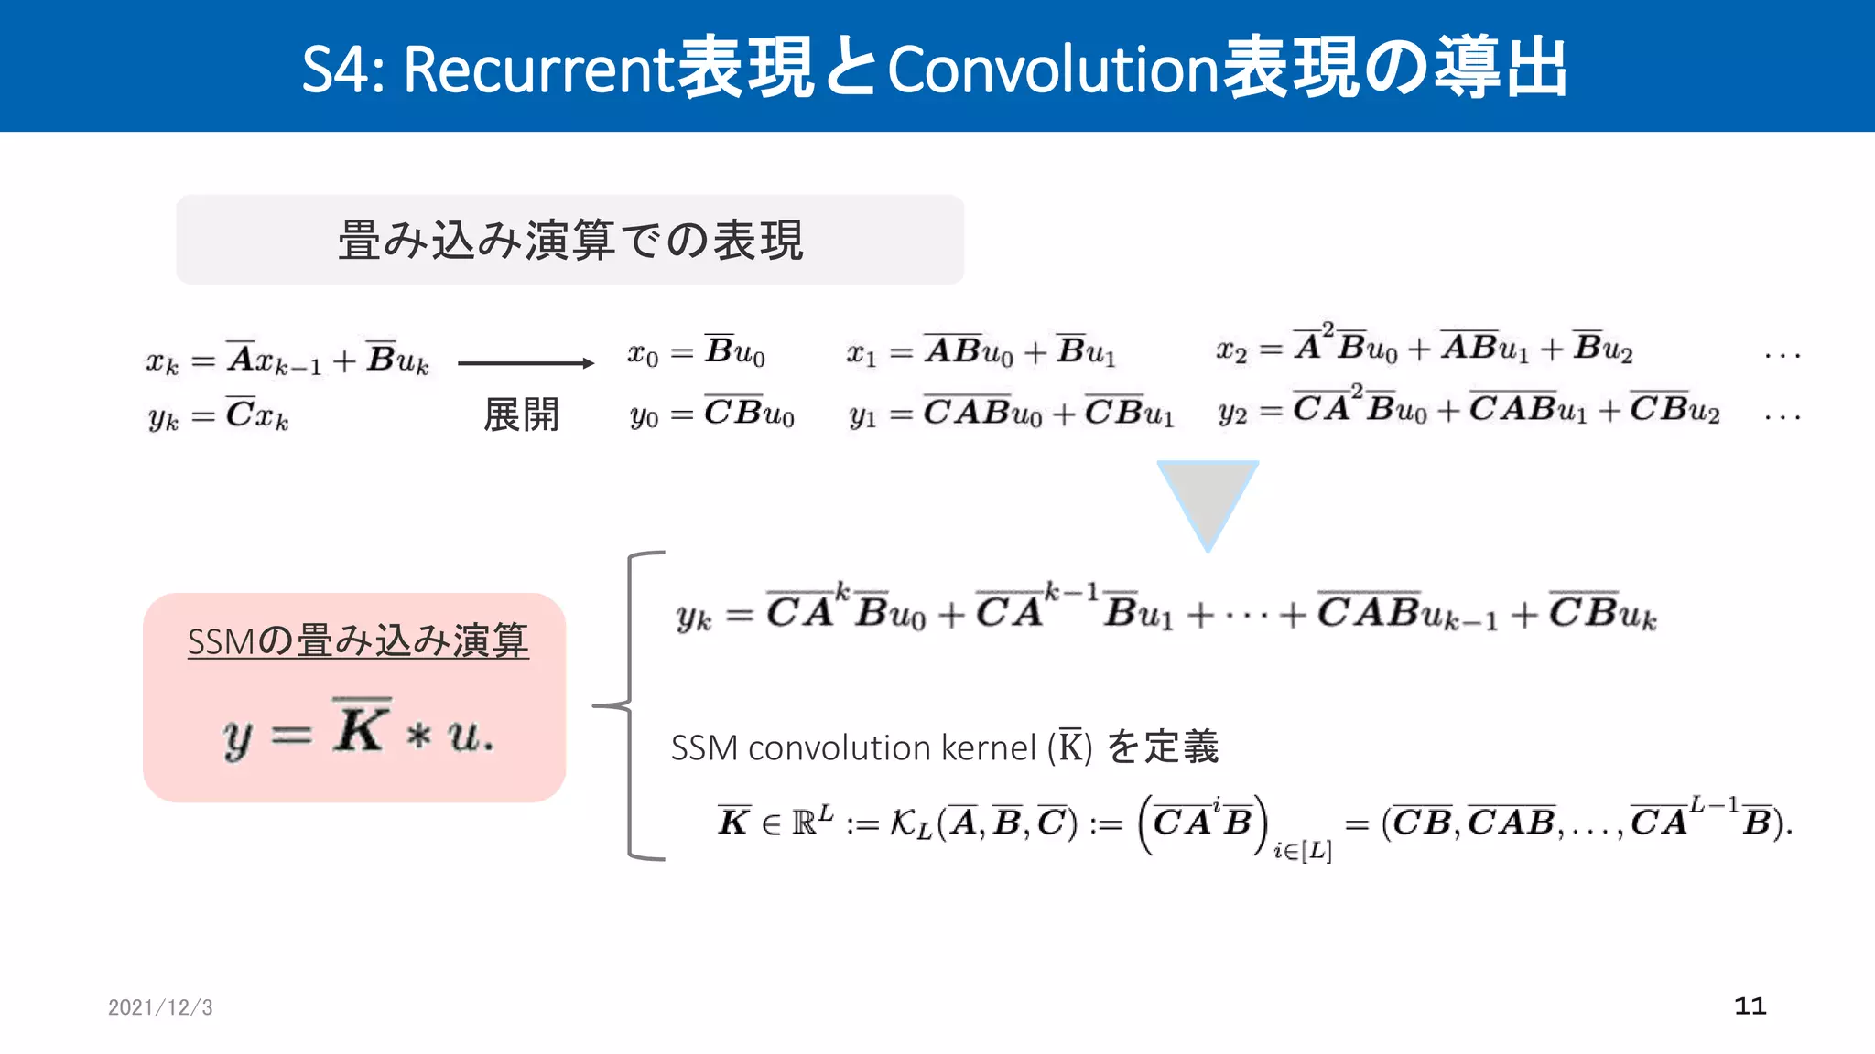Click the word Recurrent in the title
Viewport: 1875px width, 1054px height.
click(538, 70)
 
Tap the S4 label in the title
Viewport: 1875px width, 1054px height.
click(335, 70)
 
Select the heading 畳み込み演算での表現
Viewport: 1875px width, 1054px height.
click(570, 241)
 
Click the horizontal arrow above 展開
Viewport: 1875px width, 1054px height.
click(526, 363)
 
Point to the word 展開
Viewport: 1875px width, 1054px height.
click(521, 414)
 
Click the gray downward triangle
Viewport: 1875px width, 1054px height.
click(1207, 499)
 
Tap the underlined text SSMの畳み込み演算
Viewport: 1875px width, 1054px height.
click(358, 640)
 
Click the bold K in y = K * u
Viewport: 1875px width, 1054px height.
click(361, 729)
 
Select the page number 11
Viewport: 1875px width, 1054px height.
click(1750, 1006)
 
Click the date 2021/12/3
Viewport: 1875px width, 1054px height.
click(160, 1007)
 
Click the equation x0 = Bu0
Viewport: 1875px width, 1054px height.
click(696, 352)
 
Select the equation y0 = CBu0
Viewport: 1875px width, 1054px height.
click(711, 414)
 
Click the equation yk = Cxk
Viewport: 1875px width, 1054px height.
click(218, 416)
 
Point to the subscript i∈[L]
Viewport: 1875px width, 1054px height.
click(1302, 851)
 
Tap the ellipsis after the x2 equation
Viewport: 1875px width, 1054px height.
click(1782, 355)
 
